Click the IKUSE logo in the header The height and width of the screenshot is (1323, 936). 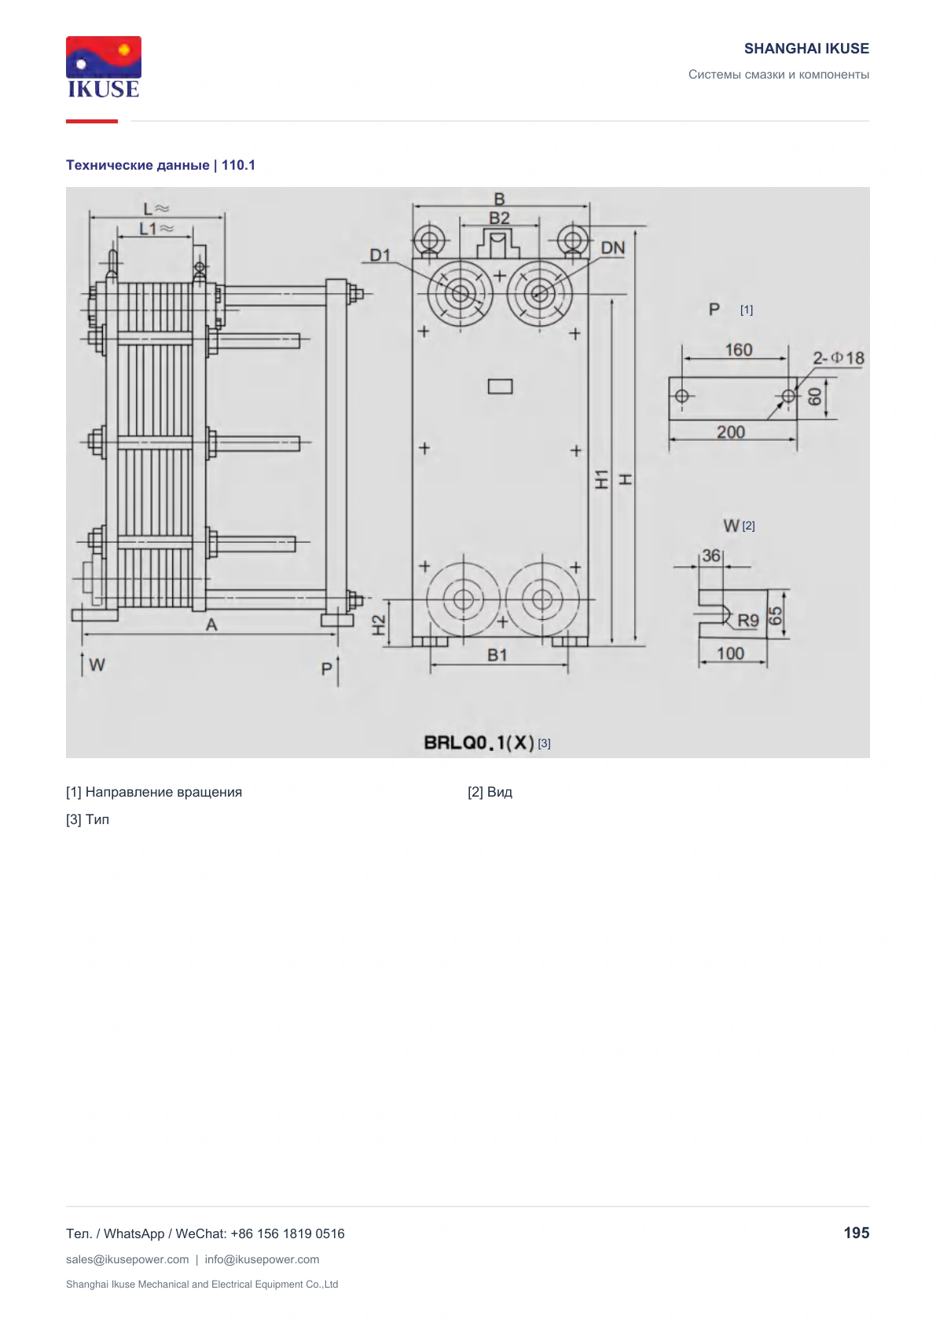click(x=104, y=67)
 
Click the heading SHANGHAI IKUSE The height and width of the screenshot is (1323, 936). click(x=806, y=49)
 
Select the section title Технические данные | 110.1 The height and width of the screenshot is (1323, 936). click(x=161, y=165)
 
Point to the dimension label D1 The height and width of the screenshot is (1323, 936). click(x=380, y=255)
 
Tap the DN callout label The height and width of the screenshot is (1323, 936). click(x=613, y=248)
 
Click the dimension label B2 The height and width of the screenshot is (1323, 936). click(x=499, y=218)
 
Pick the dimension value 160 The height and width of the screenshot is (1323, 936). click(x=739, y=350)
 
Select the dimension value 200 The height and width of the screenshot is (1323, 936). click(x=731, y=432)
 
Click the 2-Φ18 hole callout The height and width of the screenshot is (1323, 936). click(x=839, y=358)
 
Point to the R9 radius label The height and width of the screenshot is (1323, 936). click(x=748, y=621)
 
